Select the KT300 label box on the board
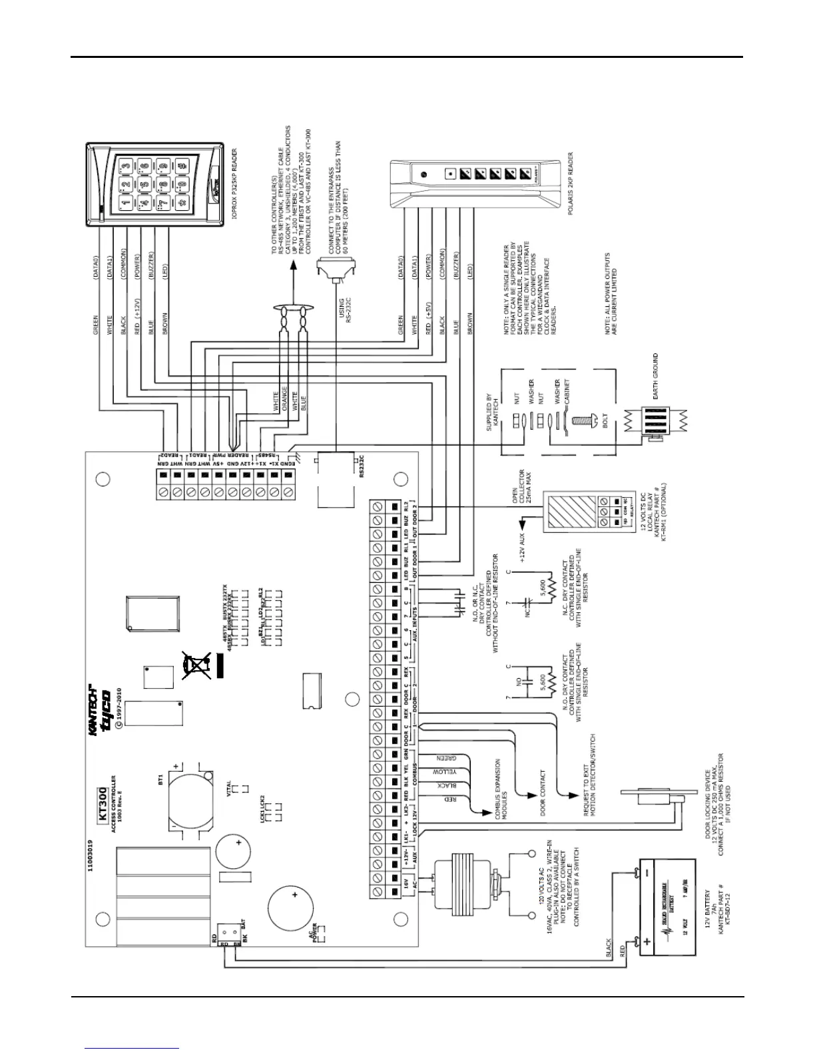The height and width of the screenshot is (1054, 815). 103,804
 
